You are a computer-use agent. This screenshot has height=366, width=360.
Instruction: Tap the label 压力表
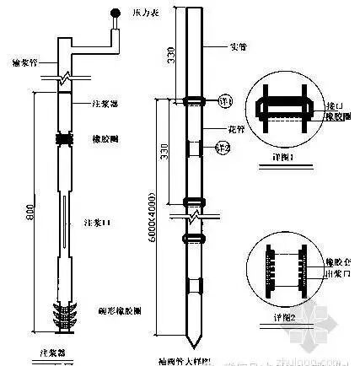[x=137, y=13]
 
